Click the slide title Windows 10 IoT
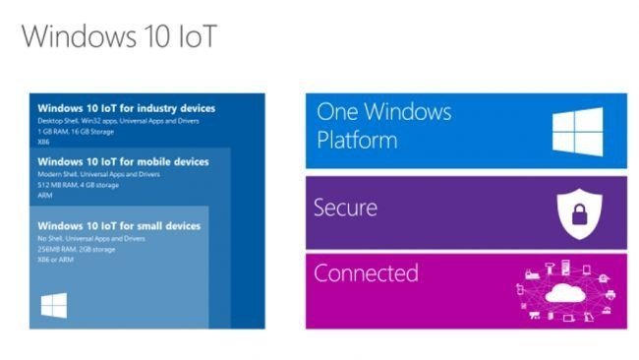tap(118, 36)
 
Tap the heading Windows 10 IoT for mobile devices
tap(122, 161)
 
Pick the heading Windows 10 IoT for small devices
tap(118, 225)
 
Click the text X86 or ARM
tap(55, 260)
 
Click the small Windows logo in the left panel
tap(53, 306)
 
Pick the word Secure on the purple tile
tap(345, 209)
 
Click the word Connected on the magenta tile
tap(366, 272)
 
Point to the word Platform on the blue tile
tap(357, 140)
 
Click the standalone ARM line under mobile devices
tap(44, 195)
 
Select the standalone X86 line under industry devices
tap(43, 142)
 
